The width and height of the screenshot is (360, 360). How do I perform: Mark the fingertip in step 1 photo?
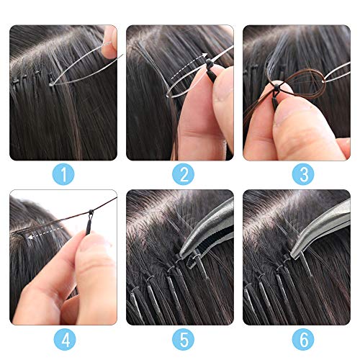pyautogui.click(x=109, y=40)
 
